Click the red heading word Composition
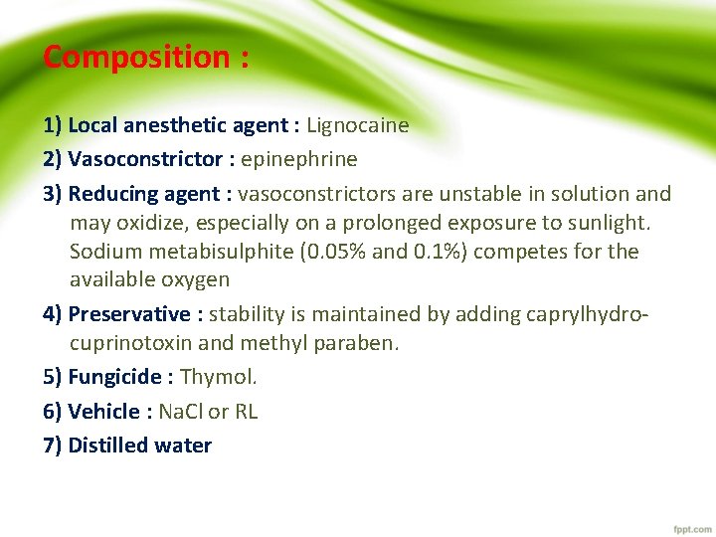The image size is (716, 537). click(136, 58)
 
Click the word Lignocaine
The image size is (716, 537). click(357, 125)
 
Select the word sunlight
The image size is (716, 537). click(609, 222)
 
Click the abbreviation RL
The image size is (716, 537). click(246, 412)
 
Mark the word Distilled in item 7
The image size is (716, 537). click(107, 446)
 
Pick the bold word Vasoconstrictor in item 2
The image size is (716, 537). click(145, 159)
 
